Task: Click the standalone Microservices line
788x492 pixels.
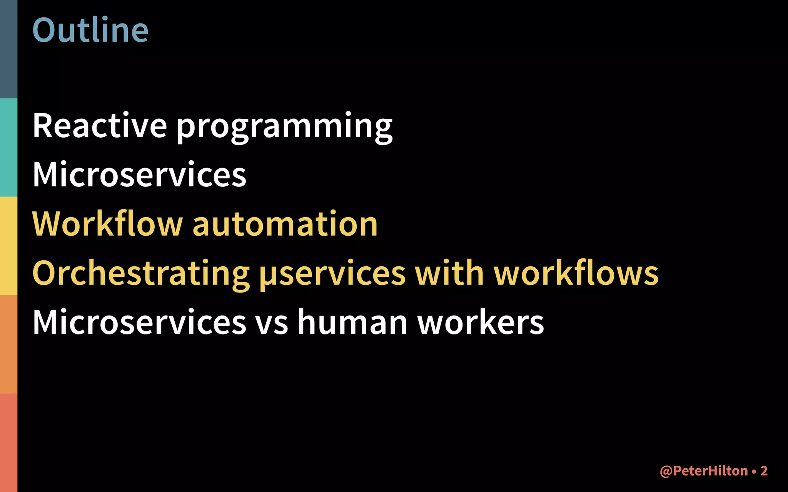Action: tap(139, 175)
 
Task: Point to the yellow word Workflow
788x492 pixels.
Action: tap(107, 224)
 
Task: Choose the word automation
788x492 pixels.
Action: tap(285, 224)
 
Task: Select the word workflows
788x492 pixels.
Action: tap(576, 273)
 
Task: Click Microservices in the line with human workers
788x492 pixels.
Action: tap(139, 322)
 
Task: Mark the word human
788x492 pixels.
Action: tap(352, 322)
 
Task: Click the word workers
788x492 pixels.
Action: tap(481, 322)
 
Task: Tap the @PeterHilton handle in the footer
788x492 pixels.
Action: tap(704, 471)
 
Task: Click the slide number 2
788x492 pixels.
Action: tap(764, 471)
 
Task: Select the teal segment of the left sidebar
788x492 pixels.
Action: tap(8, 148)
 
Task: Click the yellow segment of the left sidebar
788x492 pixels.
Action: tap(8, 246)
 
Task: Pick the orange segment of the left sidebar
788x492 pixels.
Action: tap(8, 344)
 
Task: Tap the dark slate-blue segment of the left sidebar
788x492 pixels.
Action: tap(8, 49)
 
